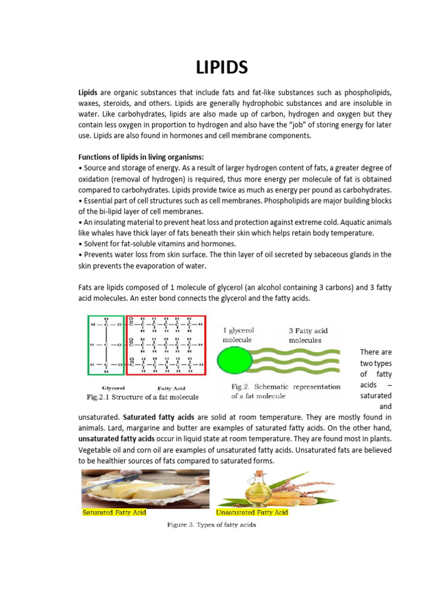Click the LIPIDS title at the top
click(221, 68)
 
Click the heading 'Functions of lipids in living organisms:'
click(141, 157)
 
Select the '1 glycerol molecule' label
click(238, 335)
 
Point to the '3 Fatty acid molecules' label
click(308, 335)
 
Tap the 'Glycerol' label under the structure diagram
click(113, 388)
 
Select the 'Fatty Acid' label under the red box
click(171, 388)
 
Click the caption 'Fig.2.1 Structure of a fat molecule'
click(142, 397)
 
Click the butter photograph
click(145, 488)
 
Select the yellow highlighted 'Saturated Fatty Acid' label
click(114, 512)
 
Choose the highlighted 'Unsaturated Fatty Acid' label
click(251, 512)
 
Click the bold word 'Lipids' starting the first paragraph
click(88, 92)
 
